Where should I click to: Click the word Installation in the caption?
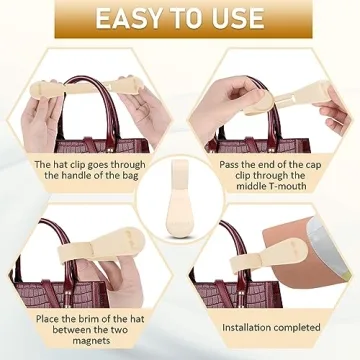tap(246, 326)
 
